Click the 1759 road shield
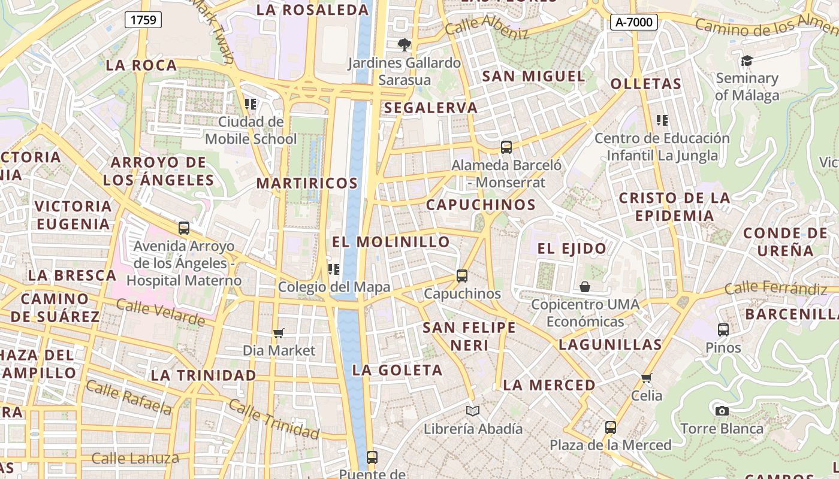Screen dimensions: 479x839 [x=143, y=20]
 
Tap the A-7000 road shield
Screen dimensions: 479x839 [x=634, y=22]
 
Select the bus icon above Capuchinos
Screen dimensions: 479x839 [x=461, y=276]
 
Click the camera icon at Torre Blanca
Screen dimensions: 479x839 [x=722, y=411]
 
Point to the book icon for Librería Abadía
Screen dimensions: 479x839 [x=473, y=411]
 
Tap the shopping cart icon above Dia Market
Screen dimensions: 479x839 [x=279, y=333]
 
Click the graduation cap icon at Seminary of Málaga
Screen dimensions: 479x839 [x=747, y=60]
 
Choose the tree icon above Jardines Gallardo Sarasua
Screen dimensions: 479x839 [x=405, y=44]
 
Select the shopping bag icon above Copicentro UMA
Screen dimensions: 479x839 [x=585, y=287]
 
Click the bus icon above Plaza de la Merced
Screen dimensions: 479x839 [x=610, y=428]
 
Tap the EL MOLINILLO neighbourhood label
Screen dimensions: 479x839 [x=391, y=242]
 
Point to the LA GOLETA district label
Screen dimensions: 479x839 [x=397, y=370]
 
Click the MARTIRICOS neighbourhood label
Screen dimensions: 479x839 [x=307, y=183]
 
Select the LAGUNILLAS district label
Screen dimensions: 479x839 [x=610, y=344]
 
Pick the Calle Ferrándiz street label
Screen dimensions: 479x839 [x=775, y=289]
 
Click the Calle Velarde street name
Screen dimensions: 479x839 [x=160, y=313]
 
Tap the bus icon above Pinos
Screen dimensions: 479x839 [x=723, y=329]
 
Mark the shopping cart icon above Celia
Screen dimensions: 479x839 [x=646, y=378]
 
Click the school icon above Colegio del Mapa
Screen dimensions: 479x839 [x=334, y=269]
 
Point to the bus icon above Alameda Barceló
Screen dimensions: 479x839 [x=506, y=147]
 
